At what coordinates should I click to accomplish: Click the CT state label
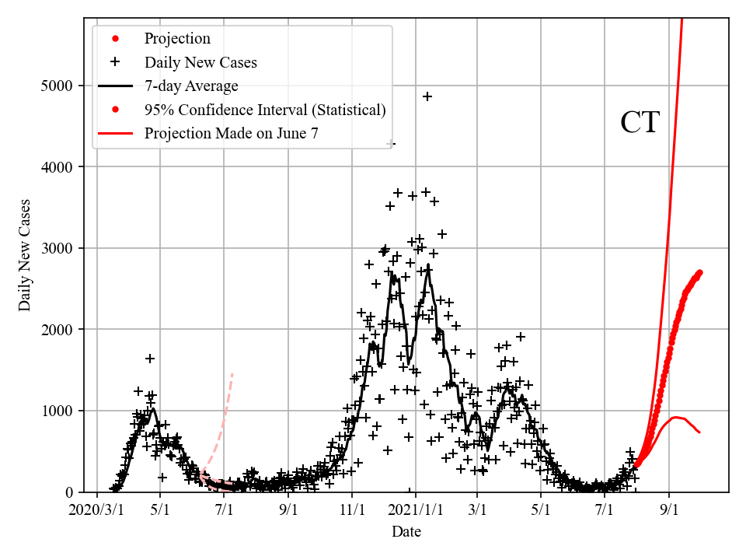pyautogui.click(x=640, y=123)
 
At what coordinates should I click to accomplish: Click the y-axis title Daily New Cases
pyautogui.click(x=25, y=255)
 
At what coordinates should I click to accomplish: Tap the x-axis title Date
pyautogui.click(x=406, y=532)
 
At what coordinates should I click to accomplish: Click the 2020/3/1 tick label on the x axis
pyautogui.click(x=97, y=510)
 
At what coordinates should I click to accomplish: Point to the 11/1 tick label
pyautogui.click(x=352, y=510)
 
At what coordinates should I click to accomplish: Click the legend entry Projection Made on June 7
pyautogui.click(x=231, y=134)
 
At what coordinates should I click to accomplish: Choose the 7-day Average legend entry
pyautogui.click(x=191, y=86)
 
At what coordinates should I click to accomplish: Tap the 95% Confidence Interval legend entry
pyautogui.click(x=265, y=110)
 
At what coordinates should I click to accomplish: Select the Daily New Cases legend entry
pyautogui.click(x=200, y=62)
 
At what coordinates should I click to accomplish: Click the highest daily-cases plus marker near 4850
pyautogui.click(x=427, y=96)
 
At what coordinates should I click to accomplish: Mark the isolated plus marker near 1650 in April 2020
pyautogui.click(x=150, y=359)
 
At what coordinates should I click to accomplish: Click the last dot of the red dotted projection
pyautogui.click(x=699, y=272)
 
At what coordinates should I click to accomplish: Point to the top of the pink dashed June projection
pyautogui.click(x=232, y=374)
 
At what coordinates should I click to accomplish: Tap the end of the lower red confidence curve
pyautogui.click(x=699, y=432)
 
